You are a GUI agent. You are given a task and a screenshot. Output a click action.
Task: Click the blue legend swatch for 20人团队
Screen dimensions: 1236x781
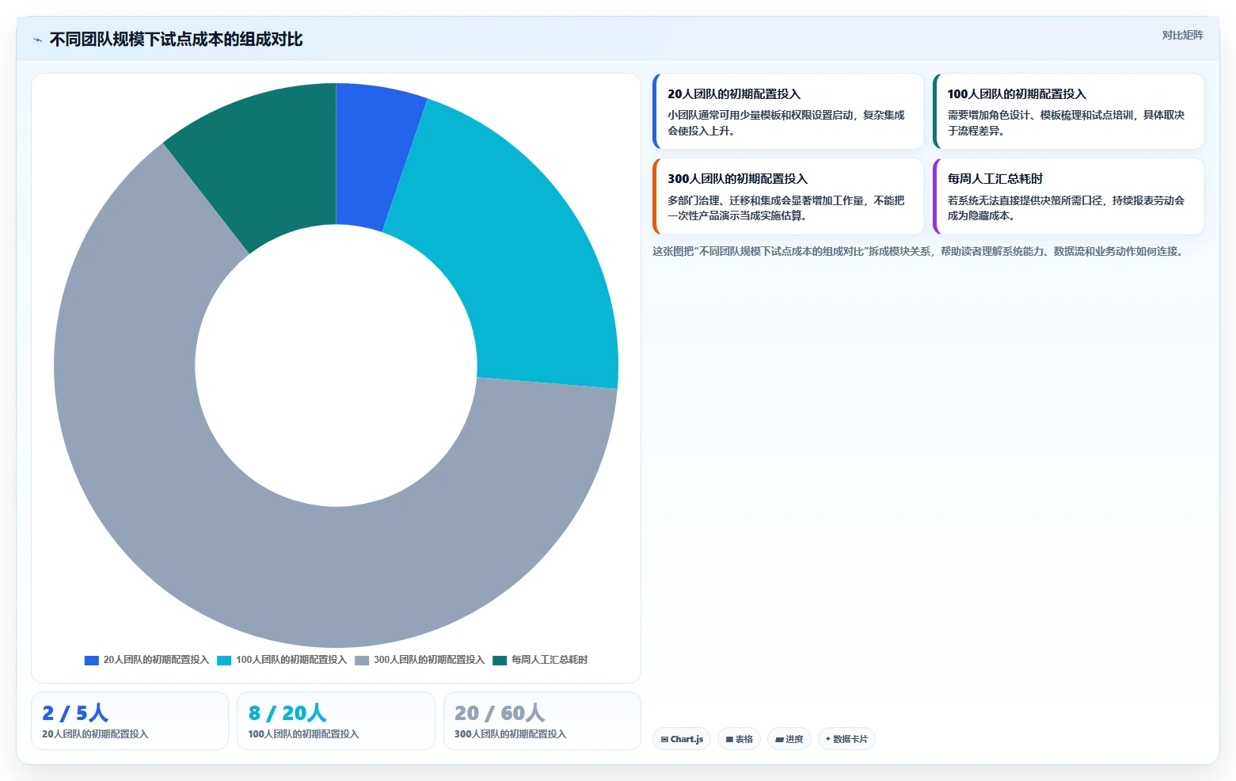(x=92, y=660)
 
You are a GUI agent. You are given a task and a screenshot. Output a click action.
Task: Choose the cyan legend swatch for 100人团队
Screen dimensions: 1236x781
(x=224, y=660)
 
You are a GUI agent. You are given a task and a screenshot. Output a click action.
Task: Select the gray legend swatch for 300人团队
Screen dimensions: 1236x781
(x=362, y=660)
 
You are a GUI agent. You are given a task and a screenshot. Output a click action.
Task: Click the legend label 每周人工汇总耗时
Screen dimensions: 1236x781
(x=550, y=660)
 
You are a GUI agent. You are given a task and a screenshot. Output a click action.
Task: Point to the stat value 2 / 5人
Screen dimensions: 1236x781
(x=75, y=713)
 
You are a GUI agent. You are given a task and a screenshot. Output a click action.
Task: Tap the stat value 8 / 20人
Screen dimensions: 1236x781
(x=287, y=713)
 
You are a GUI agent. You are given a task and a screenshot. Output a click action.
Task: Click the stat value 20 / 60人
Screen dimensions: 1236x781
(x=500, y=713)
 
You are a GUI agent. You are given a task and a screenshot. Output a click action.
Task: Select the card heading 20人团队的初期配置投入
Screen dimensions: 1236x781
(x=734, y=93)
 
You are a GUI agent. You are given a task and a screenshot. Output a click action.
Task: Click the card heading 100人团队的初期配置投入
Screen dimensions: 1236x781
(x=1017, y=93)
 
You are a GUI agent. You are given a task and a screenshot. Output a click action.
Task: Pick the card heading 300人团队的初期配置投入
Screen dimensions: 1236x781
(x=738, y=179)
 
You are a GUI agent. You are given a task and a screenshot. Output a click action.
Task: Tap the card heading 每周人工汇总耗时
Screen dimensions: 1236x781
(x=995, y=179)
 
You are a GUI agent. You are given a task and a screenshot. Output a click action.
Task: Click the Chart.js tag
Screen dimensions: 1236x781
(x=682, y=739)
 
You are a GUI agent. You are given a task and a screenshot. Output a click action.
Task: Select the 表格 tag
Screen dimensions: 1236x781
(x=740, y=739)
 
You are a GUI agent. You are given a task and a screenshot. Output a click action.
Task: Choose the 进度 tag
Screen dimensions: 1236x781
(x=789, y=739)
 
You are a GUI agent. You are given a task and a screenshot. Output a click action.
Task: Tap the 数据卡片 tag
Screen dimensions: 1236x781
(x=847, y=739)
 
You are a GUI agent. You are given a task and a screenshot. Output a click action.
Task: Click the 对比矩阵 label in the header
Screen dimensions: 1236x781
(x=1182, y=36)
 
